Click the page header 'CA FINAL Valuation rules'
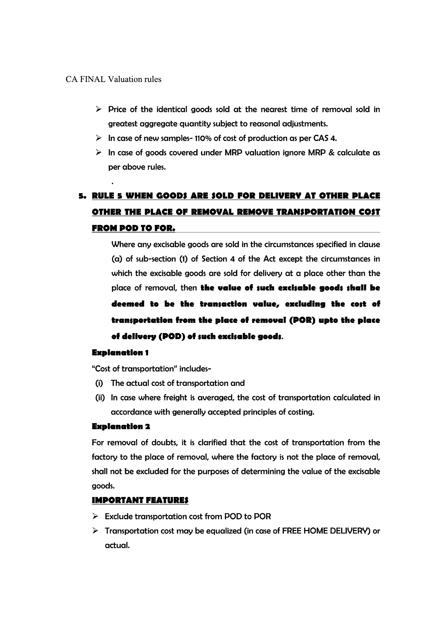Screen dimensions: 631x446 [x=113, y=79]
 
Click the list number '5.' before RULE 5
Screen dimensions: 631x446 [x=82, y=196]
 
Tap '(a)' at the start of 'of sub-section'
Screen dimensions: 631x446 [x=117, y=259]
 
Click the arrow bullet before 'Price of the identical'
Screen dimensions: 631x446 [x=98, y=109]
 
